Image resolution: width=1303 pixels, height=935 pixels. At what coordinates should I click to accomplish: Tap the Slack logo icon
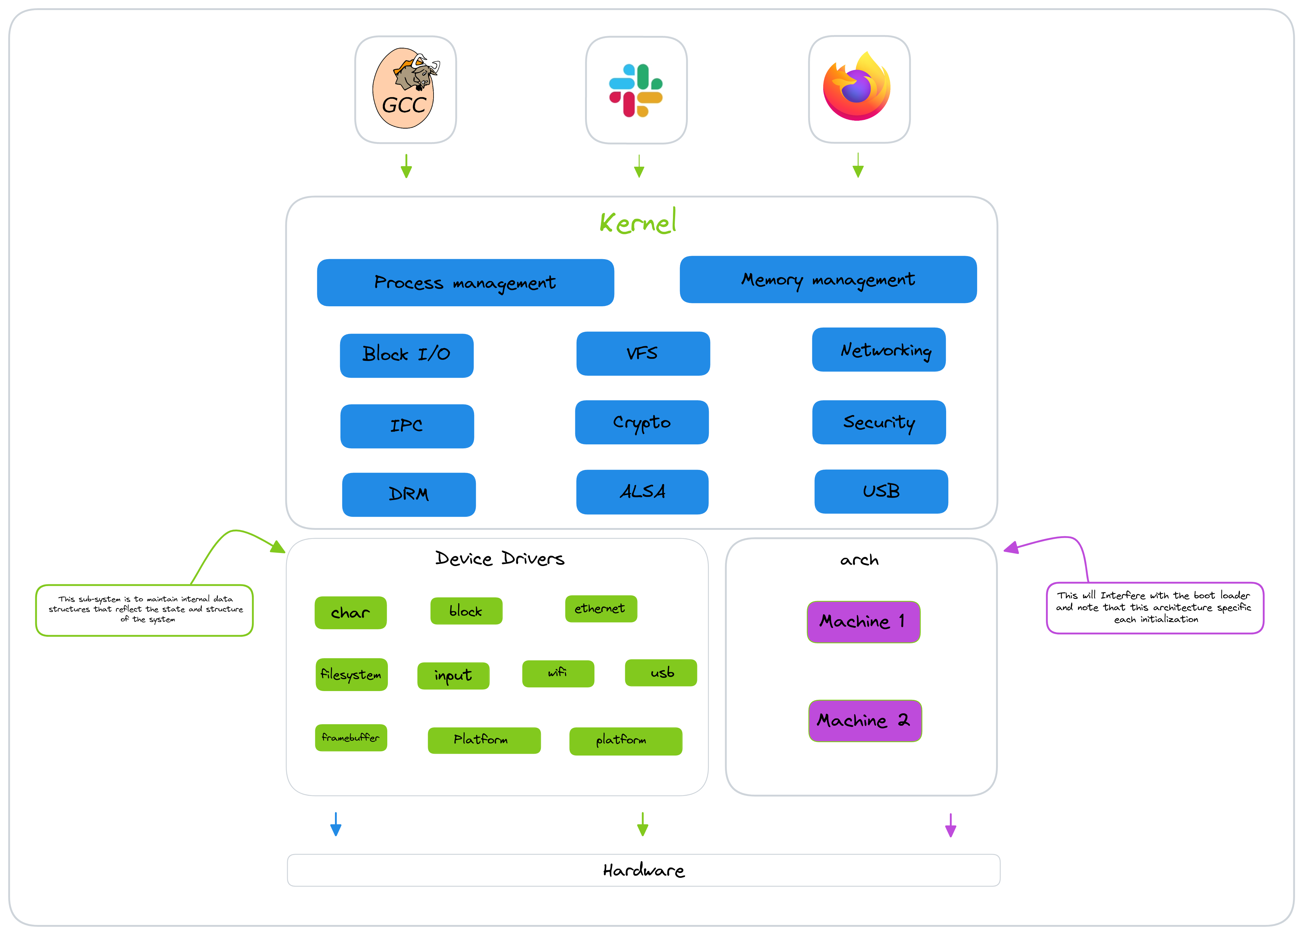(636, 90)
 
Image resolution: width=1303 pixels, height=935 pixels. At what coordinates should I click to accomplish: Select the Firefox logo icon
(857, 86)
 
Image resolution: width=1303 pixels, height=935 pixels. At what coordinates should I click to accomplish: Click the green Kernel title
(638, 222)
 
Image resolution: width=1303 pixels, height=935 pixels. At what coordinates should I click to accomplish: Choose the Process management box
(465, 283)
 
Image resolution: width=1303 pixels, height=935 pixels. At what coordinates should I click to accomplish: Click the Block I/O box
(407, 356)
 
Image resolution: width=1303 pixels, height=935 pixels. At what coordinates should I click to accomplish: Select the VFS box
(643, 353)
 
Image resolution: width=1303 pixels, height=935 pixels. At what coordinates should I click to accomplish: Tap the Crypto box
(642, 422)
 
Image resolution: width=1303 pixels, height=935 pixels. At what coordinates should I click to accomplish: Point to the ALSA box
(642, 492)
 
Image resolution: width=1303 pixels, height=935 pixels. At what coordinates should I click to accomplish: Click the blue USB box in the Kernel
(881, 491)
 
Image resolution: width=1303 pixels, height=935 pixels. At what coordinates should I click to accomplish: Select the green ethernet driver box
(601, 609)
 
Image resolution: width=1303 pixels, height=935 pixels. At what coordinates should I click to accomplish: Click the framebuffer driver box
(351, 737)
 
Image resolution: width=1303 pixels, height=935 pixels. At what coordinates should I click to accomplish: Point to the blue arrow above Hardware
(336, 824)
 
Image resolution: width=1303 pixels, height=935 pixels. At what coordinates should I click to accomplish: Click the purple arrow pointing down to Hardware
(951, 825)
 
